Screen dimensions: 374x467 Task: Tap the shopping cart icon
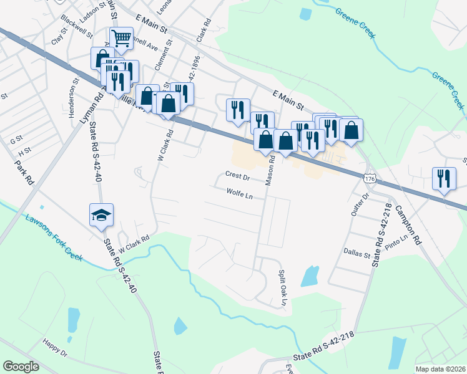tap(121, 38)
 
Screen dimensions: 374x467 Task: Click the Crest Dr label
tap(237, 177)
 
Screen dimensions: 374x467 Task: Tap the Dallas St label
tap(356, 253)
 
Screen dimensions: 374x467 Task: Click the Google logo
tap(21, 367)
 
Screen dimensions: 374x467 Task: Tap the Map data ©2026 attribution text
tap(440, 369)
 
